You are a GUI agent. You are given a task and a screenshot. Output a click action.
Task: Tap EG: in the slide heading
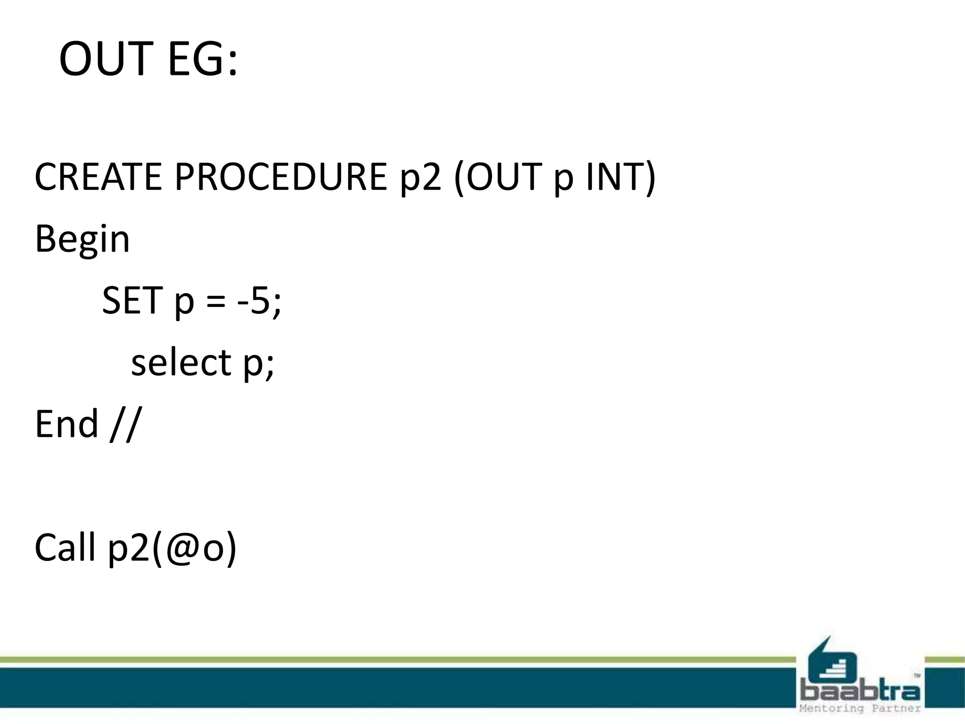pyautogui.click(x=203, y=59)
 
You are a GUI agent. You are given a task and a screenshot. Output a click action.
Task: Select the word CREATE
pyautogui.click(x=98, y=177)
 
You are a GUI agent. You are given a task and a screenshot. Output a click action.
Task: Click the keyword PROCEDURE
pyautogui.click(x=281, y=177)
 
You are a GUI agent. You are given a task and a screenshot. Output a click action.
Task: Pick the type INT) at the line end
pyautogui.click(x=620, y=177)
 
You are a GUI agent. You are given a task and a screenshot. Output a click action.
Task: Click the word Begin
pyautogui.click(x=82, y=239)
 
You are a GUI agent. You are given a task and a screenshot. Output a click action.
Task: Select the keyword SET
pyautogui.click(x=132, y=300)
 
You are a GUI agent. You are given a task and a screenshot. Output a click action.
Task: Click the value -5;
pyautogui.click(x=259, y=300)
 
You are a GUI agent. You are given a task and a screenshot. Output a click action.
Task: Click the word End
pyautogui.click(x=66, y=424)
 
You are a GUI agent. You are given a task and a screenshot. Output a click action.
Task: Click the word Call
pyautogui.click(x=65, y=547)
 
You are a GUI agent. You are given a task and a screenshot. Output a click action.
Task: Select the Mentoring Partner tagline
pyautogui.click(x=859, y=708)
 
